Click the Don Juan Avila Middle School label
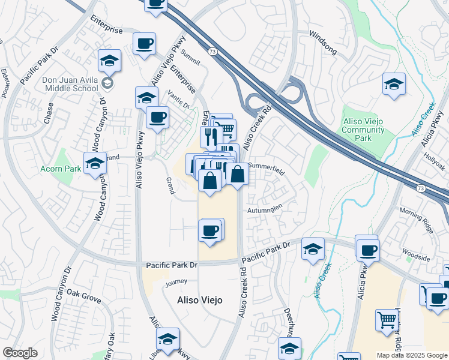[x=70, y=83]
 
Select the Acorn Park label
[x=61, y=169]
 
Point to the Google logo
[x=20, y=353]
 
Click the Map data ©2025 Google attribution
[x=412, y=355]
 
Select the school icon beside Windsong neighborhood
[x=394, y=84]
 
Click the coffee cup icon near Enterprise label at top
[x=145, y=44]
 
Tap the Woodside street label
[x=416, y=258]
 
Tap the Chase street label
[x=49, y=113]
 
